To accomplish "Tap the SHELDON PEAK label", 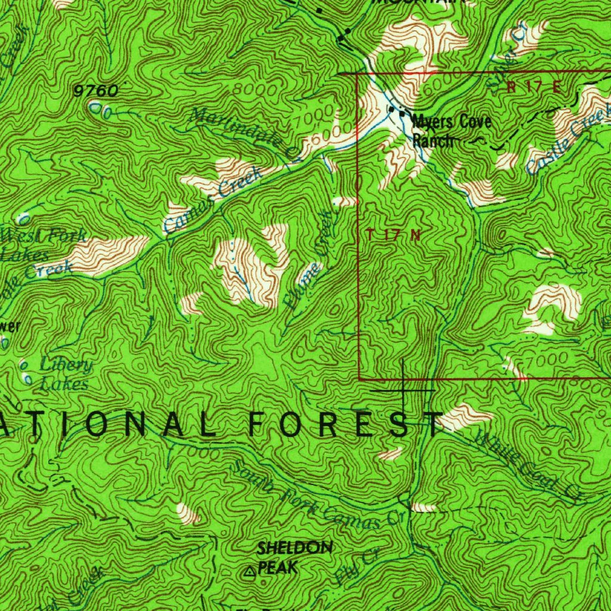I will click(287, 557).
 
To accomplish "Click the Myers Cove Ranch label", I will click(452, 131).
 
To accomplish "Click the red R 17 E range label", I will click(534, 87).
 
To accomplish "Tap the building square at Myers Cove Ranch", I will click(403, 113).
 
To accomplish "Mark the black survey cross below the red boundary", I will click(404, 390).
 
